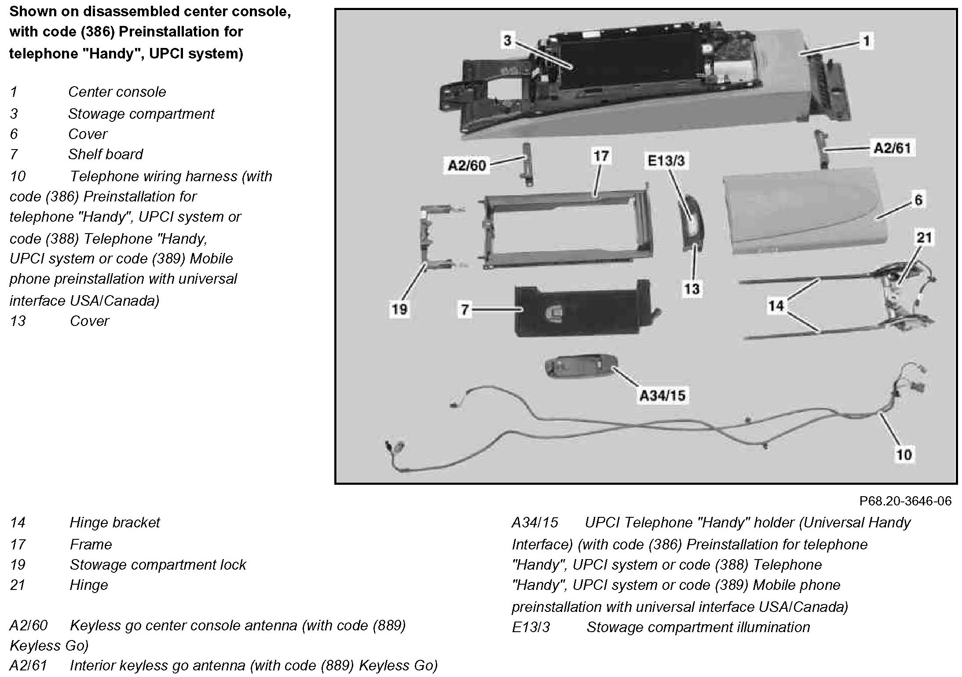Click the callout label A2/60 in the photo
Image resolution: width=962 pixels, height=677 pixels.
coord(466,165)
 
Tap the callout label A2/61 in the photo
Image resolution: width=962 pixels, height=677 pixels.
coord(893,148)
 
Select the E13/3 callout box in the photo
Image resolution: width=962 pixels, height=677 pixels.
coord(666,161)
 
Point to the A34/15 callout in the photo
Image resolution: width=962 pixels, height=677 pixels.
coord(662,395)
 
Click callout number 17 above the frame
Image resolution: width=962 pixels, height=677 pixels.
coord(601,156)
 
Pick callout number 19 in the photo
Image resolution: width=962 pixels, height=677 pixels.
coord(399,309)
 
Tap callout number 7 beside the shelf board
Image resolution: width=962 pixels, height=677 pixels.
coord(465,310)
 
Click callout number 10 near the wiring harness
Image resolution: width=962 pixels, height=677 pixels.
coord(904,454)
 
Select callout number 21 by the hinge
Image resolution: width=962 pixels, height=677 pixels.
coord(924,238)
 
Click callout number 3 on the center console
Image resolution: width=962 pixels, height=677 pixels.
coord(507,41)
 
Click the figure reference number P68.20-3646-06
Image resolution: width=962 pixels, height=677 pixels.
coord(905,501)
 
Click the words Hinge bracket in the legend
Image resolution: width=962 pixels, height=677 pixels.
coord(115,523)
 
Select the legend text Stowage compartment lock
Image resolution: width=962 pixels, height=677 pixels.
coord(158,565)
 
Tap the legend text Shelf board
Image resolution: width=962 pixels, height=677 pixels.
coord(106,154)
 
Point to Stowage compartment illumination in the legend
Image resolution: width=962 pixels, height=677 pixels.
coord(698,627)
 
